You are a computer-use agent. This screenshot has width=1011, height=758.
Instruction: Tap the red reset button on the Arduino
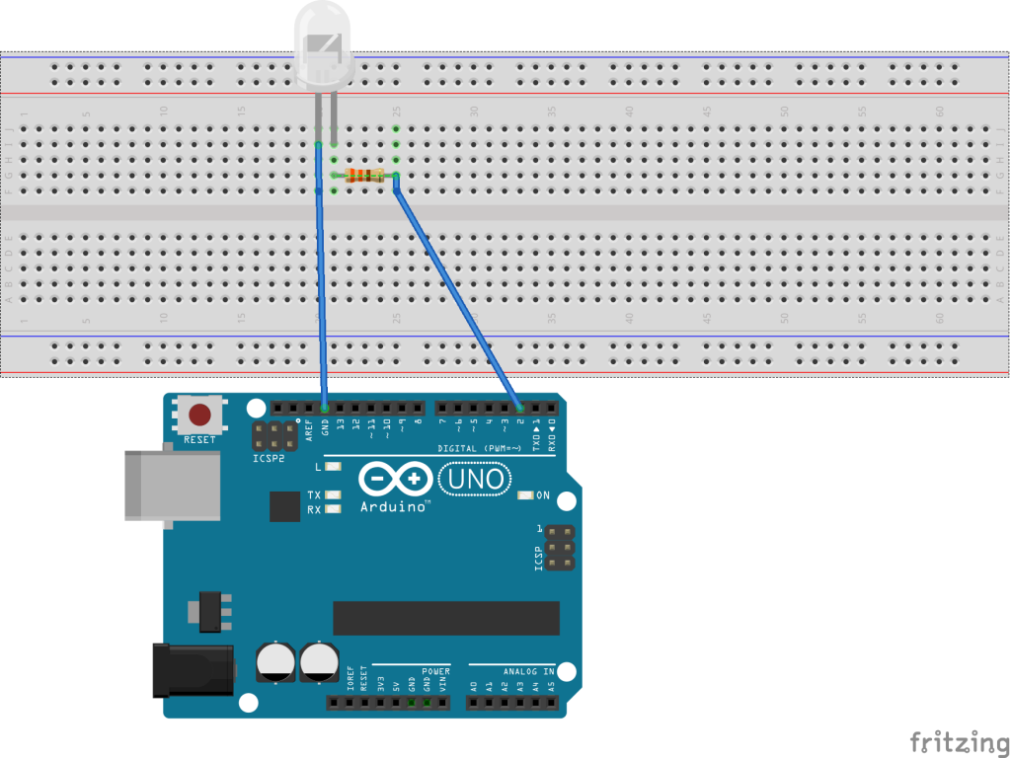point(199,415)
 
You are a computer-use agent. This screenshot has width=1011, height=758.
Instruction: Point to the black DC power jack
point(192,669)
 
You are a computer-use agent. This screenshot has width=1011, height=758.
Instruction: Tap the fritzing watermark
point(954,741)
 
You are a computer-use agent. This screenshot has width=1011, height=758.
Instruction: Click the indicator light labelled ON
point(525,495)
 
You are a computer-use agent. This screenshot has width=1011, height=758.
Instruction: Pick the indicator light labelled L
point(333,466)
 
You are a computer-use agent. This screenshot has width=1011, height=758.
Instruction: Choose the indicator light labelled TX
point(333,494)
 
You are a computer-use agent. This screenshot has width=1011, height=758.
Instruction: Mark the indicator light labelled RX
point(333,509)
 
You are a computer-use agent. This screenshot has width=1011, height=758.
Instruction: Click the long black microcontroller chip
point(446,618)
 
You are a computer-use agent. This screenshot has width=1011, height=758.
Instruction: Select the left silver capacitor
point(273,661)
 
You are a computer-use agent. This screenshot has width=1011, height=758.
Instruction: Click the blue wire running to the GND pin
point(321,296)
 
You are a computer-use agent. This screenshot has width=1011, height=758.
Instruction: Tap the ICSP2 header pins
point(273,436)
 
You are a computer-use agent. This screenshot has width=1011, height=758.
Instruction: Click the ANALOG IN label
point(528,671)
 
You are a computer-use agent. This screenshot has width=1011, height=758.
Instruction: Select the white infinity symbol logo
point(396,480)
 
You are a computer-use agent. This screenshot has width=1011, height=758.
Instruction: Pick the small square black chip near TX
point(284,506)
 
